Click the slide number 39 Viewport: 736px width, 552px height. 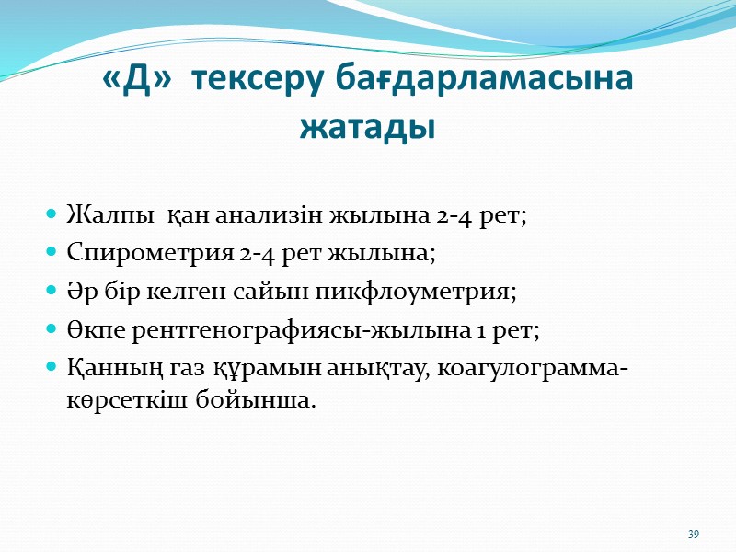pos(694,535)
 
